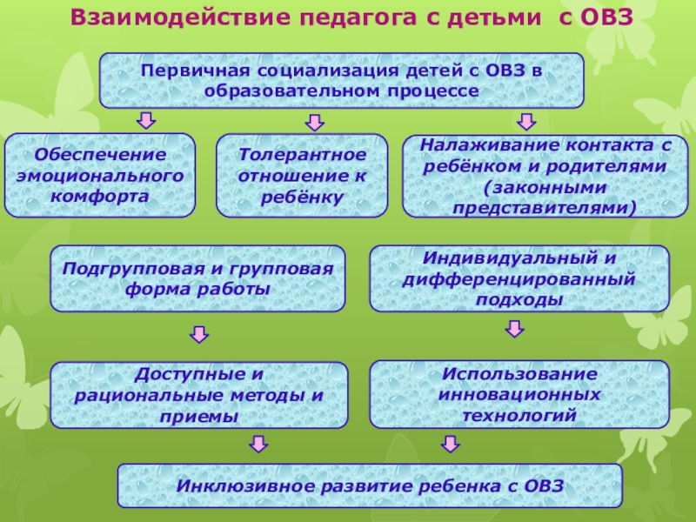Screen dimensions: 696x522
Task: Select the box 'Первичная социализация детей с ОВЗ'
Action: [x=341, y=80]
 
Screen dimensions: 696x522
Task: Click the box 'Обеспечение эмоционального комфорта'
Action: [x=100, y=175]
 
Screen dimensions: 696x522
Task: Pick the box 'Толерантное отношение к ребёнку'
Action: [x=301, y=175]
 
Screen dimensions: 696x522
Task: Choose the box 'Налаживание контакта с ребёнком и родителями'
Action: [x=545, y=175]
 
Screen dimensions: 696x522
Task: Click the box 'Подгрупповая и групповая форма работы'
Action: [x=197, y=278]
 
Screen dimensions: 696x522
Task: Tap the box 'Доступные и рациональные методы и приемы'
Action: [x=199, y=395]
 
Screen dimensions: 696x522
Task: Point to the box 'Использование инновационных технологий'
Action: [x=519, y=395]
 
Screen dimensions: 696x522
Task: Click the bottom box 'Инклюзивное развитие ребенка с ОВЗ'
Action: [x=370, y=485]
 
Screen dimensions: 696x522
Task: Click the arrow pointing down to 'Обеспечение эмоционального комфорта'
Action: [x=147, y=119]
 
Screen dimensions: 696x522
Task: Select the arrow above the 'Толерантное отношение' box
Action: [x=309, y=120]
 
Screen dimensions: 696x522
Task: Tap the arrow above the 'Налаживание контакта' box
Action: [x=525, y=119]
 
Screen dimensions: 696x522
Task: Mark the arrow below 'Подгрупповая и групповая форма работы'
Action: [x=199, y=334]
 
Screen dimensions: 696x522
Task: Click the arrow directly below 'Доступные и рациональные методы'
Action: [x=258, y=445]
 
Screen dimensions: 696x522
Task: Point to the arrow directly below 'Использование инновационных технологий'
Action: [x=449, y=445]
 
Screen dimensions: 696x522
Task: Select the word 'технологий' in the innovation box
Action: [x=519, y=417]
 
